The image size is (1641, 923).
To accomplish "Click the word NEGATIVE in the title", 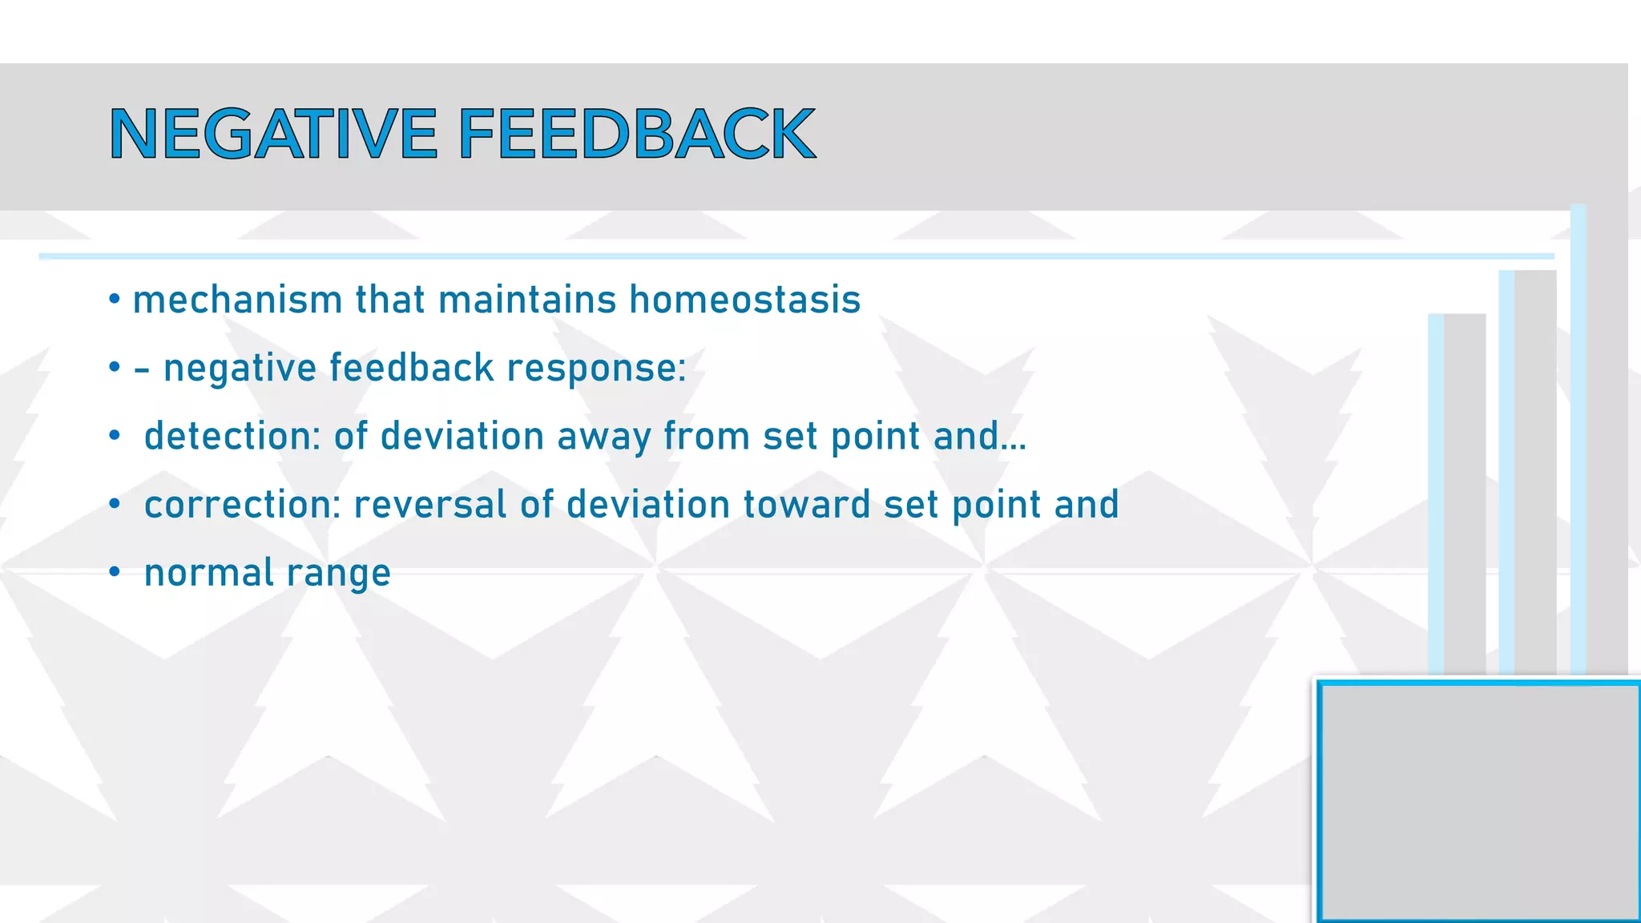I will (273, 134).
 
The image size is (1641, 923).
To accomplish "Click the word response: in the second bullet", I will (596, 369).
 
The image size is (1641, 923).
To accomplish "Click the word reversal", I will (430, 505).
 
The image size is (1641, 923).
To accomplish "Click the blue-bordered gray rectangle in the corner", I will (1479, 801).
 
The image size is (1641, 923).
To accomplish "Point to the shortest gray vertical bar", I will (1464, 493).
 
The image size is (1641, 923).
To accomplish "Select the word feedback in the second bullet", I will (411, 369).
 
